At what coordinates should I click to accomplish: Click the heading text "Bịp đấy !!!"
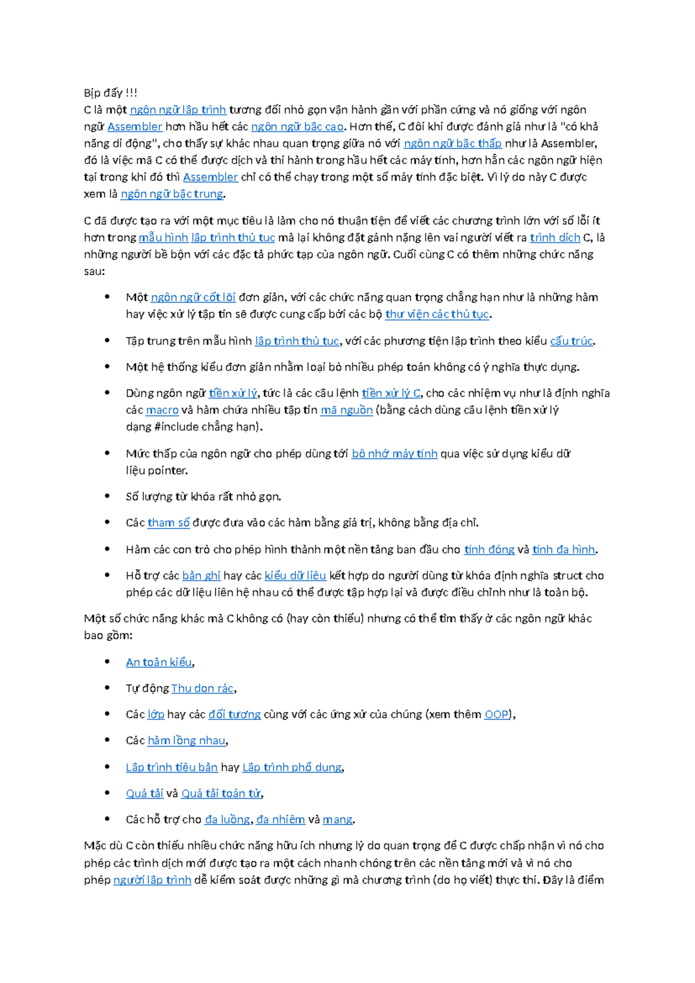111,93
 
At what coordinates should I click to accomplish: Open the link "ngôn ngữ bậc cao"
297,126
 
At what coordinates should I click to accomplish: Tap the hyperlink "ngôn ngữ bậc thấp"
452,143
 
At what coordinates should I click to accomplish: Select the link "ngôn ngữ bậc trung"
171,194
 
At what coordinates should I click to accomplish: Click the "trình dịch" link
555,237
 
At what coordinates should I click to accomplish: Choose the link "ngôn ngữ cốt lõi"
193,297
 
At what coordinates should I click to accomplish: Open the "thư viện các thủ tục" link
437,314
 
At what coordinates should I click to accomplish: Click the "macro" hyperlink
162,410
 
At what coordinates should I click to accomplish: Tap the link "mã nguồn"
346,410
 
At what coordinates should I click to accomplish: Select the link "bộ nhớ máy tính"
394,453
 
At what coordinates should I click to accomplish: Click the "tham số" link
169,522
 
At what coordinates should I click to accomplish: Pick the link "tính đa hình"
564,549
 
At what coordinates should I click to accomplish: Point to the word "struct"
568,576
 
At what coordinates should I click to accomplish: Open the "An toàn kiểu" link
159,662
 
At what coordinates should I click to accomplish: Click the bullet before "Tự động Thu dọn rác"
107,687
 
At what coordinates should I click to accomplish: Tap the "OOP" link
496,714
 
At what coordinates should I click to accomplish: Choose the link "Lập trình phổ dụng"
292,767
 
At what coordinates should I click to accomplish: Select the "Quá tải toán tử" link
221,793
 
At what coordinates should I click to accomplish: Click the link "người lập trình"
152,880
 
